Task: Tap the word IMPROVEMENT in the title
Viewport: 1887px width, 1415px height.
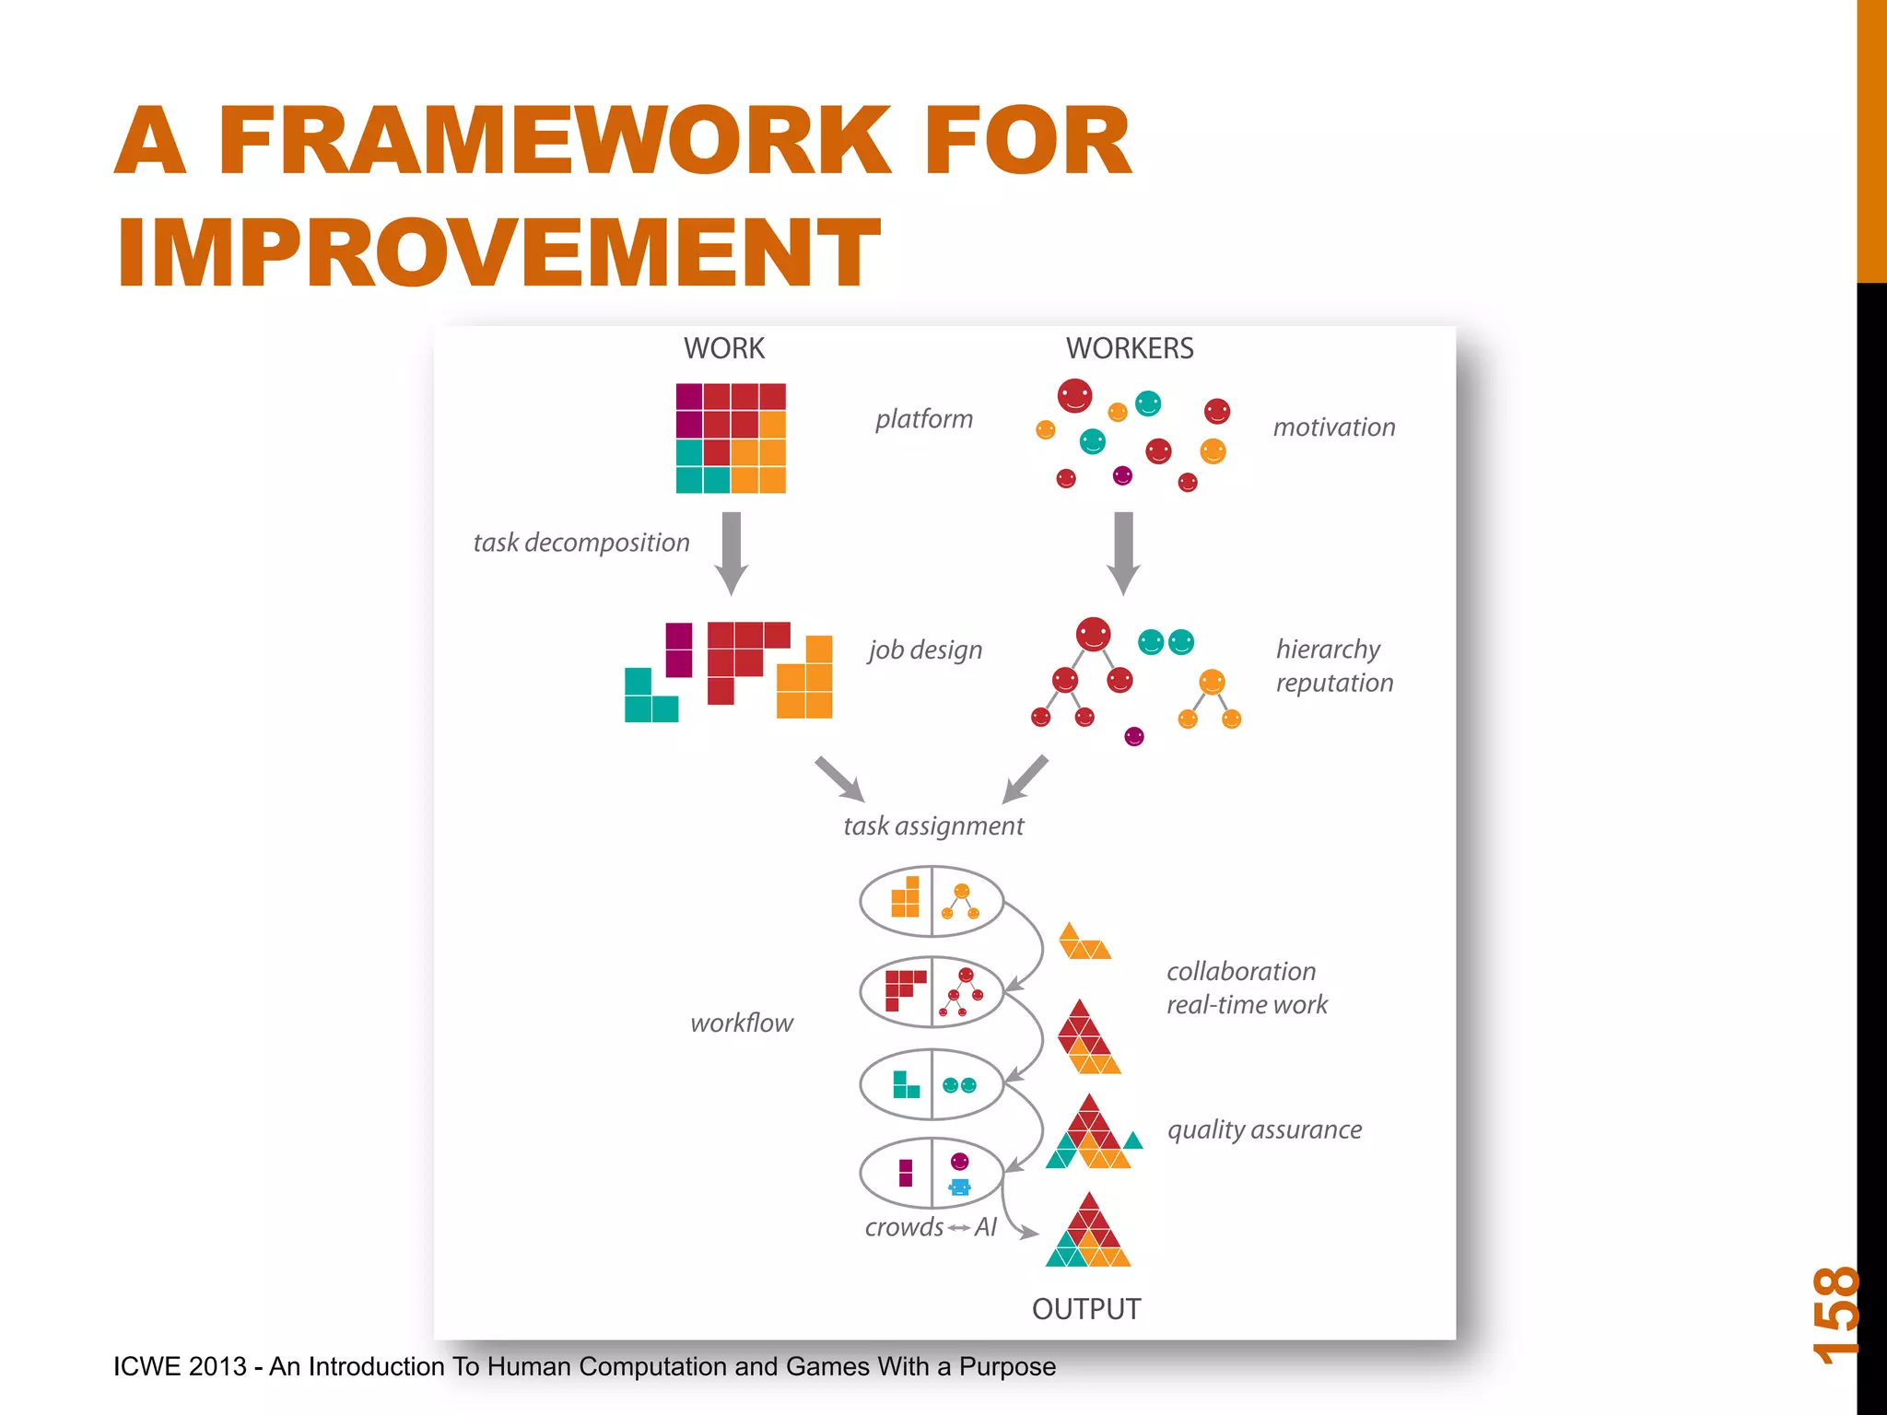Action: (x=498, y=252)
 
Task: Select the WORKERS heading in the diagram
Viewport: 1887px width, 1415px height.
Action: (x=1129, y=348)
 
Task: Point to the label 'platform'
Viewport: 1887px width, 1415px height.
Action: (x=923, y=419)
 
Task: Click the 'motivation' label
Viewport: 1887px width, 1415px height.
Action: (x=1333, y=427)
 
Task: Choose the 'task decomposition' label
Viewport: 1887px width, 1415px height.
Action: (x=580, y=543)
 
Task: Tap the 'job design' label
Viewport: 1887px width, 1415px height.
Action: (x=925, y=649)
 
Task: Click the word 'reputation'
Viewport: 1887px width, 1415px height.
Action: (x=1334, y=684)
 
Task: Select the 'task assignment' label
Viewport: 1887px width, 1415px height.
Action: (x=932, y=826)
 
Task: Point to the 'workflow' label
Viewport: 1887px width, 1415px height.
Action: (x=741, y=1023)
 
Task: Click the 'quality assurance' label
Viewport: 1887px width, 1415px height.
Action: (x=1264, y=1130)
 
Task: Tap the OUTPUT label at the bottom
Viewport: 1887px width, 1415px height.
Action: (x=1085, y=1309)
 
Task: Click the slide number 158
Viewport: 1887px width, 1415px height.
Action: (x=1835, y=1315)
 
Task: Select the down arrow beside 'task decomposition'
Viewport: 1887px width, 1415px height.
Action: (x=732, y=553)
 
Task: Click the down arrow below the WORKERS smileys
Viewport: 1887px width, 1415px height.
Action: (x=1123, y=553)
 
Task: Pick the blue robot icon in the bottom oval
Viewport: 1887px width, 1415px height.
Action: (x=959, y=1187)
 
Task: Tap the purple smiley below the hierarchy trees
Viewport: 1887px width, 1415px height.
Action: (x=1134, y=736)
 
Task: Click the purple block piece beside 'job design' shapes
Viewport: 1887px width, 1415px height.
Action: (x=679, y=649)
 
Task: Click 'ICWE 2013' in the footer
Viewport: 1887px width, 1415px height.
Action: (x=180, y=1366)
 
